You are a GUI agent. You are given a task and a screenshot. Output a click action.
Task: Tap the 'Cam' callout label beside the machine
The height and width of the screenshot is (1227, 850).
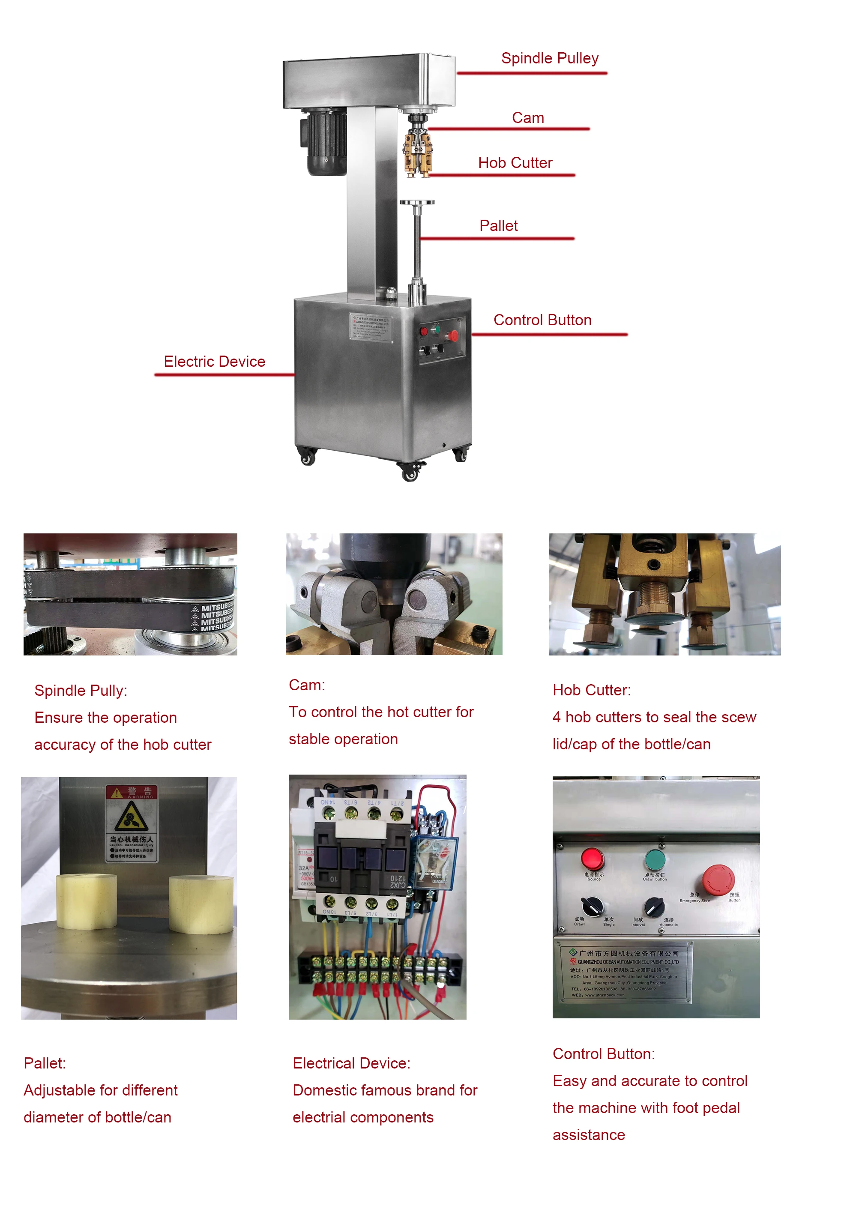pos(527,118)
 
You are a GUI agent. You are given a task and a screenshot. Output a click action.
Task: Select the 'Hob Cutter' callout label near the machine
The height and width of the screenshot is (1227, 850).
pos(515,162)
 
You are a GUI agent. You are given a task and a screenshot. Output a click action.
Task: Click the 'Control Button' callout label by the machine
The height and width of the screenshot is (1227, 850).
pos(542,320)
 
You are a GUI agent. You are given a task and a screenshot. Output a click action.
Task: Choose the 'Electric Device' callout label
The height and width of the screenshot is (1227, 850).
pos(214,361)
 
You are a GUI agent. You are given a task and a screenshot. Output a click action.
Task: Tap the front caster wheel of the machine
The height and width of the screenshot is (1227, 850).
pos(410,472)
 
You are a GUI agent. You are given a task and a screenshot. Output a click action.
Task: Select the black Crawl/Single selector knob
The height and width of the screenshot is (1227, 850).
pos(592,905)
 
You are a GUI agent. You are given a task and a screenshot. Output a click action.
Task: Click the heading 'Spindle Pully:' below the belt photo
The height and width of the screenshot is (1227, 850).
pos(81,690)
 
